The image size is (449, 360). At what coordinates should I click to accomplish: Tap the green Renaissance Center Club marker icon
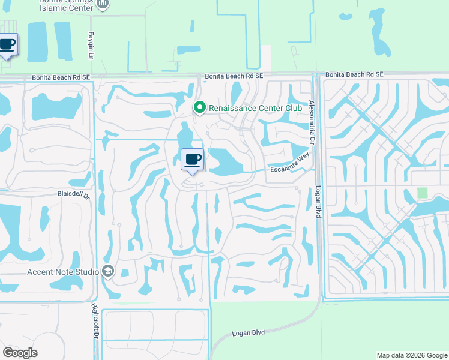coord(199,107)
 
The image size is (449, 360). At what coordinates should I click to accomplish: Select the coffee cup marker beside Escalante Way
coord(192,160)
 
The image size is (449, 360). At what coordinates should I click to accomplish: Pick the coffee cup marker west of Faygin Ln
coord(8,45)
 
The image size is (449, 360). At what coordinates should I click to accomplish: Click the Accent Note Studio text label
coord(63,271)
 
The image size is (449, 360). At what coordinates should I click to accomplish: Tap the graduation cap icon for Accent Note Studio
coord(108,271)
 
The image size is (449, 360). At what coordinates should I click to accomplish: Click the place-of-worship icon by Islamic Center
coord(103,4)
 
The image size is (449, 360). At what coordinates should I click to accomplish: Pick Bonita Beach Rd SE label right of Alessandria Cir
coord(354,74)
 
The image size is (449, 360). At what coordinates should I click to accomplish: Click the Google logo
coord(20,352)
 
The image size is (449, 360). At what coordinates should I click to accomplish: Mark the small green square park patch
coord(423,193)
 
